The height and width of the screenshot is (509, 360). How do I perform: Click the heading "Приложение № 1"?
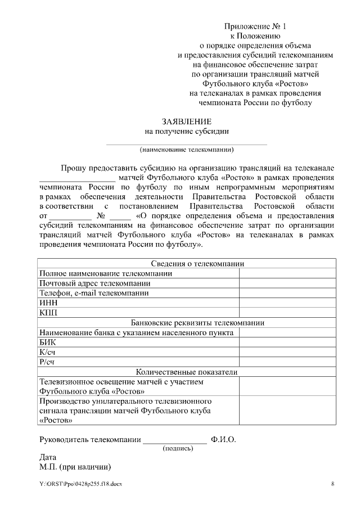pyautogui.click(x=255, y=26)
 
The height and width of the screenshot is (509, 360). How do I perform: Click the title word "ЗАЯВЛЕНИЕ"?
pyautogui.click(x=187, y=121)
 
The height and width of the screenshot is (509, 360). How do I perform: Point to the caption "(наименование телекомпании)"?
pyautogui.click(x=187, y=150)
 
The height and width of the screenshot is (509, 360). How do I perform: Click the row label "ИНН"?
pyautogui.click(x=49, y=302)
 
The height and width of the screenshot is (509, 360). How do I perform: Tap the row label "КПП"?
pyautogui.click(x=49, y=312)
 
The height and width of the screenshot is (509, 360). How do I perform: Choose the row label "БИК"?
pyautogui.click(x=48, y=342)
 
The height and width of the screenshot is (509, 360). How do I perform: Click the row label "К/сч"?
pyautogui.click(x=48, y=352)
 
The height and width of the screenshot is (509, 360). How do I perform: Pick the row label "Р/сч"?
pyautogui.click(x=48, y=362)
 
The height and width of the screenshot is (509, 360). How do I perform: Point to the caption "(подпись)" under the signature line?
pyautogui.click(x=177, y=448)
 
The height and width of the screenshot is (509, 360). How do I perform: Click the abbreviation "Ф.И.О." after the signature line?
pyautogui.click(x=223, y=440)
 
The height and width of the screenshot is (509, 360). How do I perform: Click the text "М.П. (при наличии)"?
pyautogui.click(x=74, y=467)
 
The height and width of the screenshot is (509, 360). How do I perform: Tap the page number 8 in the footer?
pyautogui.click(x=332, y=484)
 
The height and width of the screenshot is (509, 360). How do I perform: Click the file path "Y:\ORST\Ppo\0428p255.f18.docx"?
pyautogui.click(x=80, y=484)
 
